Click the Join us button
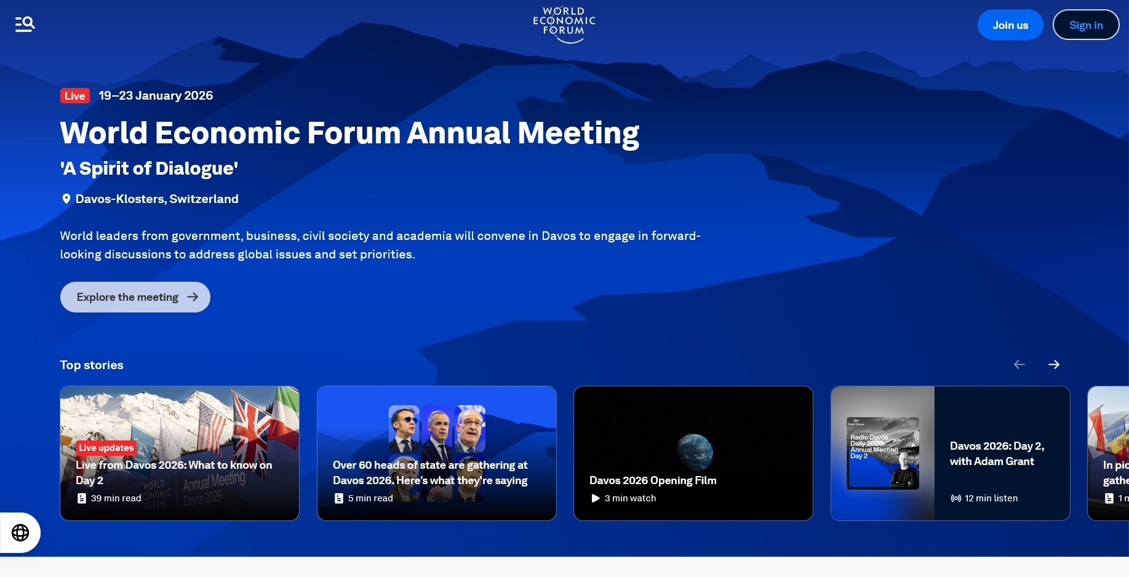coord(1010,25)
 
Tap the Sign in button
coord(1085,25)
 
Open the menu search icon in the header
coord(25,24)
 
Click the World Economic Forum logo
coord(564,25)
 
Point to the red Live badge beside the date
coord(75,96)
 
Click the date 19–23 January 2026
coord(156,96)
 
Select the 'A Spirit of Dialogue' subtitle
coord(149,169)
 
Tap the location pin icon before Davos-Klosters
coord(66,199)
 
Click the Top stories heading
coord(92,365)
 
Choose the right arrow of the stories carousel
coord(1054,365)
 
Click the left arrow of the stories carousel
coord(1019,365)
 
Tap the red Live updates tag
coord(106,448)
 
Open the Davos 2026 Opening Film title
coord(653,480)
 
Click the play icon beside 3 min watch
coord(596,498)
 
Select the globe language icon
coord(20,533)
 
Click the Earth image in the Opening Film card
coord(695,452)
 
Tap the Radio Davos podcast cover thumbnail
coord(883,453)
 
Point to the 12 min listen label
coord(991,498)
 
